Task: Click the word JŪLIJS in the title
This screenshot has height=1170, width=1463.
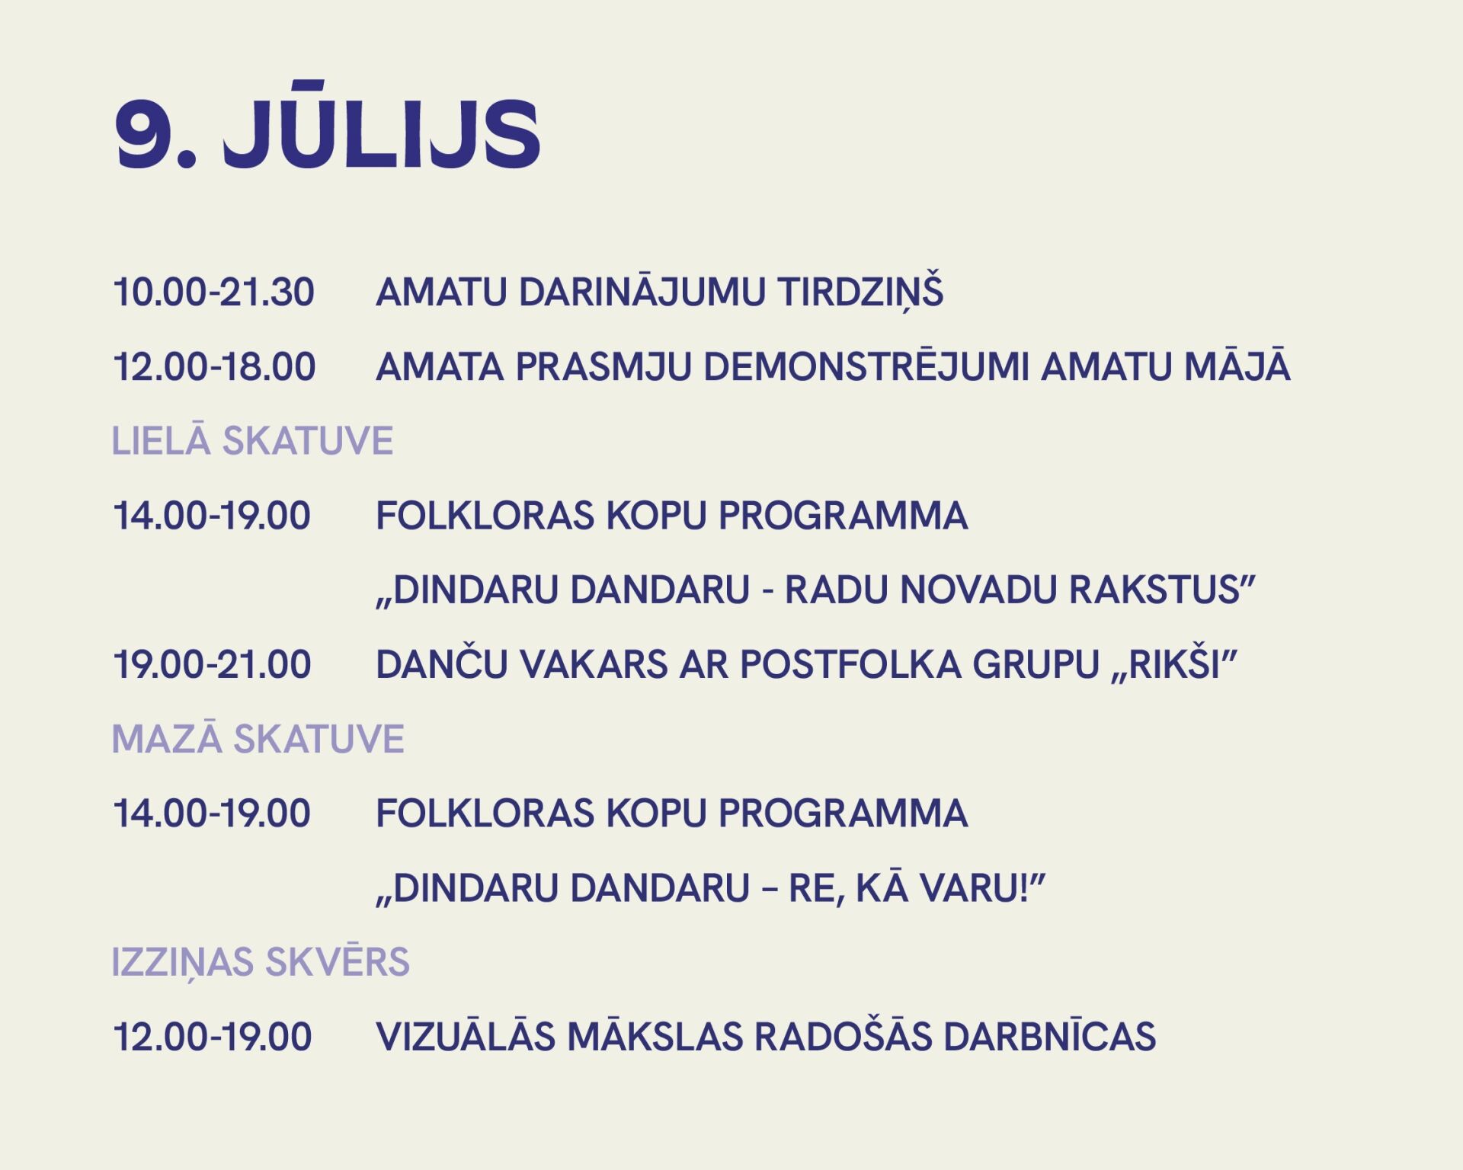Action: point(383,126)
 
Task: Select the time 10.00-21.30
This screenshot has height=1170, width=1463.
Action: point(213,292)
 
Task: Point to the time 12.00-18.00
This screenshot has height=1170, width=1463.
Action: point(214,367)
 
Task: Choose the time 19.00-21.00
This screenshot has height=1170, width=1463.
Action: point(212,665)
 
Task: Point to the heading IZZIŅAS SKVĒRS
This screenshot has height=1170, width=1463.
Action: point(261,962)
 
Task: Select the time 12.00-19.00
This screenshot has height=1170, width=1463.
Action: point(213,1037)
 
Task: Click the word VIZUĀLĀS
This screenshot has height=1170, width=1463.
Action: point(466,1034)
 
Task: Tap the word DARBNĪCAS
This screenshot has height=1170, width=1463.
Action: point(1050,1034)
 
